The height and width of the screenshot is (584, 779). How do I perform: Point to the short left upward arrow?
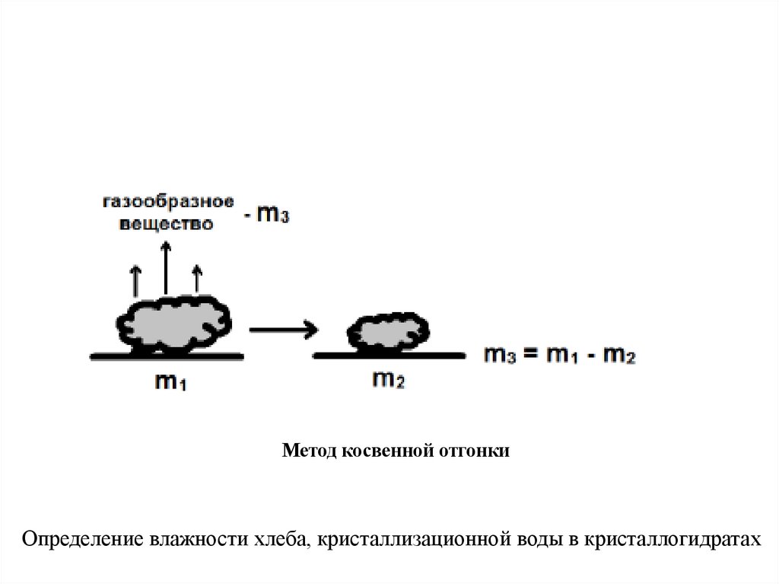136,280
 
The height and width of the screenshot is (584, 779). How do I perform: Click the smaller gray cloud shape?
388,331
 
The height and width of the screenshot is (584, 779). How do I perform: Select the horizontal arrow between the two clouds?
282,330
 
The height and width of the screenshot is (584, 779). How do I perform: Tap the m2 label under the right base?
389,378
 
